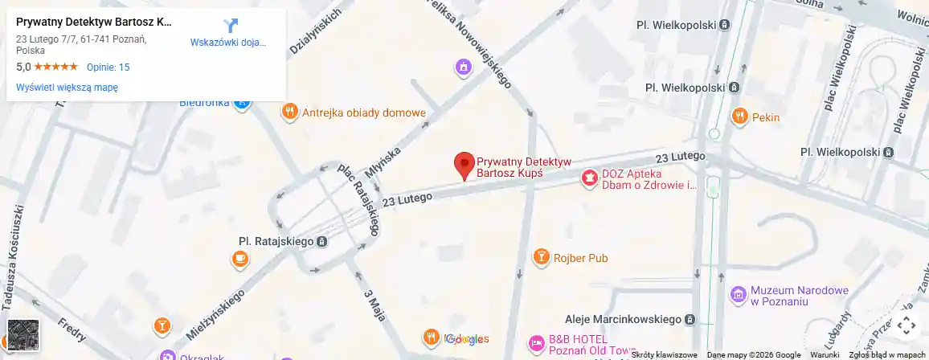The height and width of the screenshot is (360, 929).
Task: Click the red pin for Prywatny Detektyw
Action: (x=464, y=164)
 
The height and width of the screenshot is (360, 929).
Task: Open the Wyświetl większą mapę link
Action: (x=68, y=88)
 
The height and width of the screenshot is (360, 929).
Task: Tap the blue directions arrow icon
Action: (x=230, y=26)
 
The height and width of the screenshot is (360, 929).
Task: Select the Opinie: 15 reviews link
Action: (x=108, y=67)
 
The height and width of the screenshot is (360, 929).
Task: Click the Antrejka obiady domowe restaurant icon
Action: (x=289, y=112)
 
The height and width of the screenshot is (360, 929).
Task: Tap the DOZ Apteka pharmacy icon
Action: (x=590, y=178)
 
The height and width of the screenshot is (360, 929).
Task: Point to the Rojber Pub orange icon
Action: (x=542, y=258)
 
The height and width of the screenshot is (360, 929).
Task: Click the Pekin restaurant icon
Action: (x=739, y=117)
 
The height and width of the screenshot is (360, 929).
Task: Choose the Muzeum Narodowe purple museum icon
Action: (x=738, y=295)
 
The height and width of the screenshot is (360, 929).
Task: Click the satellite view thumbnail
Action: (x=23, y=335)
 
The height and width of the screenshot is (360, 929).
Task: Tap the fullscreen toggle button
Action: (x=906, y=325)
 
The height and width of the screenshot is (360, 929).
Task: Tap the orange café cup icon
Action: (x=239, y=259)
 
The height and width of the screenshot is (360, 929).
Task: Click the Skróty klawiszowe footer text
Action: (x=664, y=354)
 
